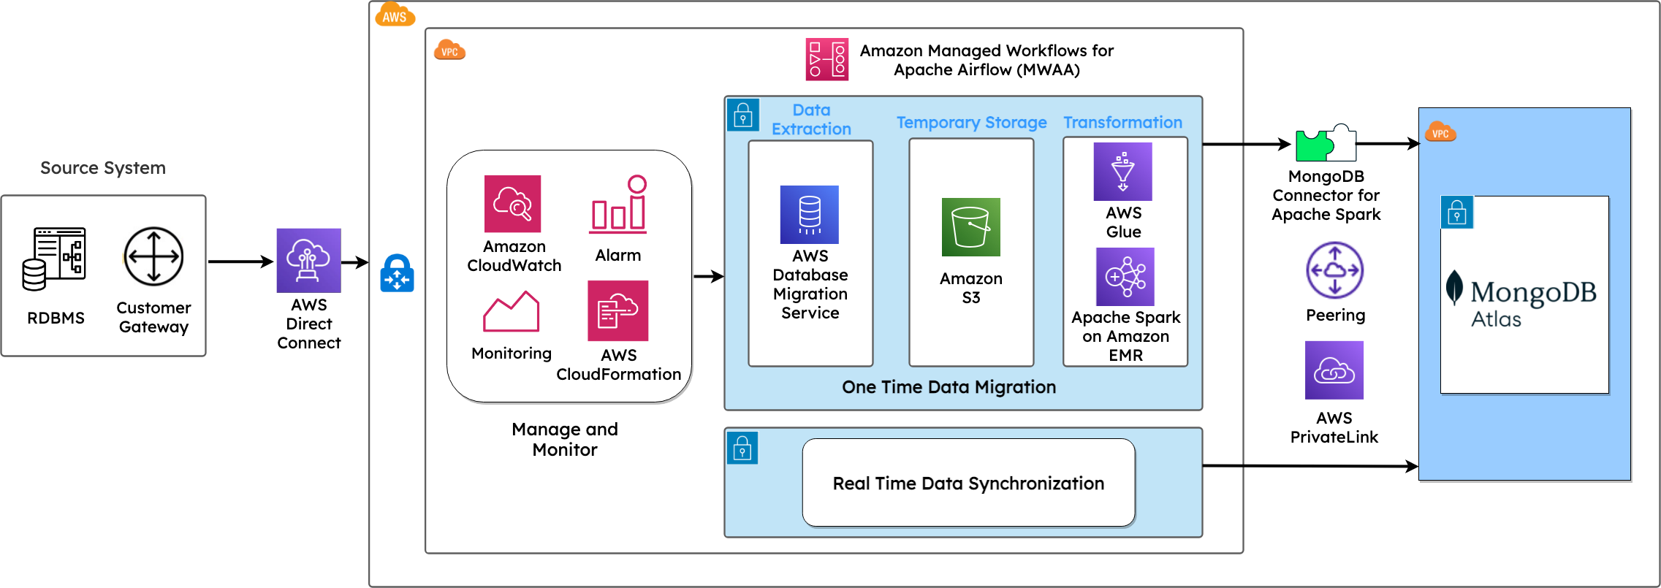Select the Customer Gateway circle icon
[153, 256]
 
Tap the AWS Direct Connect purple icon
[308, 261]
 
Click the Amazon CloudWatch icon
[512, 204]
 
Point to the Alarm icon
[618, 205]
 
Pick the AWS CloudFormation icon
[618, 310]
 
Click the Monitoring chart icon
[512, 311]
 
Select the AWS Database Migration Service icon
[810, 215]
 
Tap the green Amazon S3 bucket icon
[971, 227]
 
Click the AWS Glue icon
[1123, 172]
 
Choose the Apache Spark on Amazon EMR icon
[1125, 277]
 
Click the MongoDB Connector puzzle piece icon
[1326, 142]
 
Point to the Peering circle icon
[1335, 270]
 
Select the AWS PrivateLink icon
[1334, 370]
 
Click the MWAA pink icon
[827, 59]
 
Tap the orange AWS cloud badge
[395, 15]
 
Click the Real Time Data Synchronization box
[969, 483]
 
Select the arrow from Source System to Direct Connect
[240, 261]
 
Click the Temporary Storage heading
[972, 123]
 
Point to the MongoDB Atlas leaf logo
[1454, 287]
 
